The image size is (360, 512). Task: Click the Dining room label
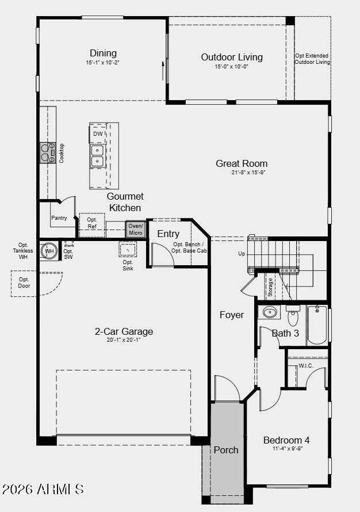(x=103, y=53)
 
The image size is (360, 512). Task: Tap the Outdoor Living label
(x=232, y=57)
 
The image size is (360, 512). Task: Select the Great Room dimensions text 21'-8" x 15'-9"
(x=248, y=173)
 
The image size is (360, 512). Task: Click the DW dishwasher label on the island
(x=98, y=133)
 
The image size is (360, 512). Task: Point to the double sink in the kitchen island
(x=98, y=156)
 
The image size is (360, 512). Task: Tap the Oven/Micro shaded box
(x=136, y=229)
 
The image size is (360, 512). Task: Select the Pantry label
(x=59, y=218)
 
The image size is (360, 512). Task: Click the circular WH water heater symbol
(x=49, y=251)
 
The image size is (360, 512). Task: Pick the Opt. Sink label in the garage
(x=128, y=265)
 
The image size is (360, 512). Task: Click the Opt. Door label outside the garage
(x=24, y=282)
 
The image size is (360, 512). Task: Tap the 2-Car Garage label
(x=124, y=331)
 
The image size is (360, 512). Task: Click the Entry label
(x=168, y=234)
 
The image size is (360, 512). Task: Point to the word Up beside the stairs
(x=242, y=254)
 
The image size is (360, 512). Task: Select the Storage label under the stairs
(x=270, y=287)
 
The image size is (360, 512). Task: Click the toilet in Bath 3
(x=293, y=316)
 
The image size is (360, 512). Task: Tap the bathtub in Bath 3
(x=317, y=325)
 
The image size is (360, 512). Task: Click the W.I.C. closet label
(x=306, y=366)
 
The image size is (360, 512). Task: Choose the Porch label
(x=226, y=450)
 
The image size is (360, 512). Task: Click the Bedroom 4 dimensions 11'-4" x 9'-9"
(x=288, y=449)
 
